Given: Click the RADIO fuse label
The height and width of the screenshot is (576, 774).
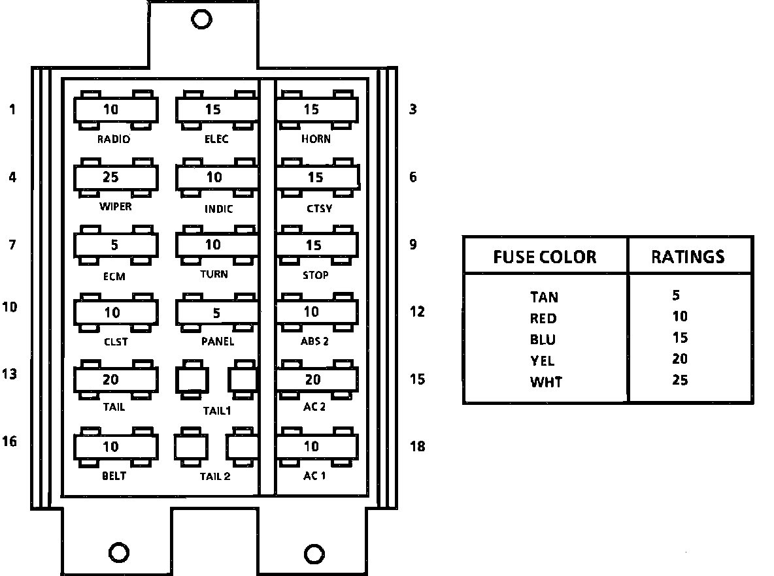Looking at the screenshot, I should pyautogui.click(x=114, y=139).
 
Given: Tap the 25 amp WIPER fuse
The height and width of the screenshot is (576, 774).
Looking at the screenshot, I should pyautogui.click(x=116, y=177).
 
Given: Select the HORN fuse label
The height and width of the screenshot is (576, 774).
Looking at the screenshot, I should pyautogui.click(x=316, y=139).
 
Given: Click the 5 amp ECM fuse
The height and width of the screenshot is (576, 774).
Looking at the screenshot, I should pyautogui.click(x=116, y=246).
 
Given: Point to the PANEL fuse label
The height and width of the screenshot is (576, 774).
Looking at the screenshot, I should pyautogui.click(x=217, y=341).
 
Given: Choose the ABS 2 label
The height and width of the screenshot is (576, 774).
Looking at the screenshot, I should pyautogui.click(x=314, y=341).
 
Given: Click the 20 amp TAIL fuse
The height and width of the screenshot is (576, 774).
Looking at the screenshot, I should pyautogui.click(x=116, y=379).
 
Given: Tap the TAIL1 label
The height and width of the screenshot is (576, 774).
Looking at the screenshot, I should pyautogui.click(x=216, y=411).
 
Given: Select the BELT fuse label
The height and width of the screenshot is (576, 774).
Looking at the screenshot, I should pyautogui.click(x=114, y=475).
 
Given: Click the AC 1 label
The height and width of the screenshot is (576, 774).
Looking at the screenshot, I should pyautogui.click(x=314, y=475).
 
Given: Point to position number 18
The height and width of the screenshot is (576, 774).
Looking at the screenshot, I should pyautogui.click(x=416, y=446).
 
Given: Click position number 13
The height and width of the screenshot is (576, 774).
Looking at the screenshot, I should pyautogui.click(x=9, y=374).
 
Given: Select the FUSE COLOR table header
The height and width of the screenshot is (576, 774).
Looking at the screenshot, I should pyautogui.click(x=545, y=257).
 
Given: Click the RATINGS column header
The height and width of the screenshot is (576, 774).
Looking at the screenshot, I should pyautogui.click(x=688, y=257).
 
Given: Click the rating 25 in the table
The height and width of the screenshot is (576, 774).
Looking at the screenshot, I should pyautogui.click(x=679, y=379).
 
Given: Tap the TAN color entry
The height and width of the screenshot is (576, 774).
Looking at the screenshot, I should pyautogui.click(x=544, y=297).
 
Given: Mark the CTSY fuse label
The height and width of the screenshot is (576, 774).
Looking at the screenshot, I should pyautogui.click(x=319, y=209).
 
